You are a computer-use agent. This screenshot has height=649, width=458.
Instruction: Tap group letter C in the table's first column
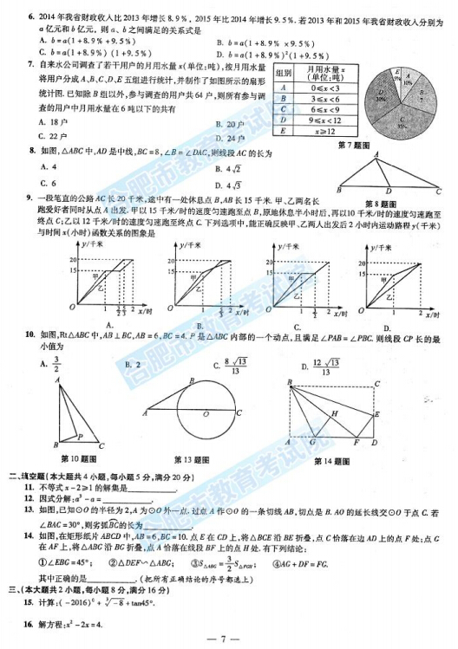[x=284, y=110]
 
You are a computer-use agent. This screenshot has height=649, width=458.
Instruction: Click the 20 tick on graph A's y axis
[x=72, y=260]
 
